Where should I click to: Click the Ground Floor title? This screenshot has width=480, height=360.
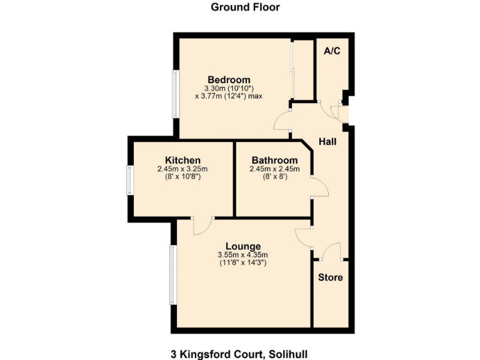point(245,7)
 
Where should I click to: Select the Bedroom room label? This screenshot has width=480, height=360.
point(229,80)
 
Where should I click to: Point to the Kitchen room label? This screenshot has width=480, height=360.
point(182,160)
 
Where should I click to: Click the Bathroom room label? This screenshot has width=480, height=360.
point(274,160)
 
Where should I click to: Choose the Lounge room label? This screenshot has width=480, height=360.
point(243,246)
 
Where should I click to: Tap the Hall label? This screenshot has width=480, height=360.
point(327,142)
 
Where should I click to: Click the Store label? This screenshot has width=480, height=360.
point(331,277)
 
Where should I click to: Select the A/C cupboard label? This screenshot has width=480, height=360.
point(332,51)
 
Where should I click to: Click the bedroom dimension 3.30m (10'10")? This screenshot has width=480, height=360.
point(229,89)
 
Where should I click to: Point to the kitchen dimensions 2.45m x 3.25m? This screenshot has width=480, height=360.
point(182,169)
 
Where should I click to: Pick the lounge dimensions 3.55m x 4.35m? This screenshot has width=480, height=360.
point(243,255)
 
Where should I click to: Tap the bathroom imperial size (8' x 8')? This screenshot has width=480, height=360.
point(274,177)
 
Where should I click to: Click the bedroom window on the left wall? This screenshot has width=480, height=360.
point(177,94)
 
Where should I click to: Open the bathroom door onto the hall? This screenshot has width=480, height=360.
point(318,187)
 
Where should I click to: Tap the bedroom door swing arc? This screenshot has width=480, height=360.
point(281,119)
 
